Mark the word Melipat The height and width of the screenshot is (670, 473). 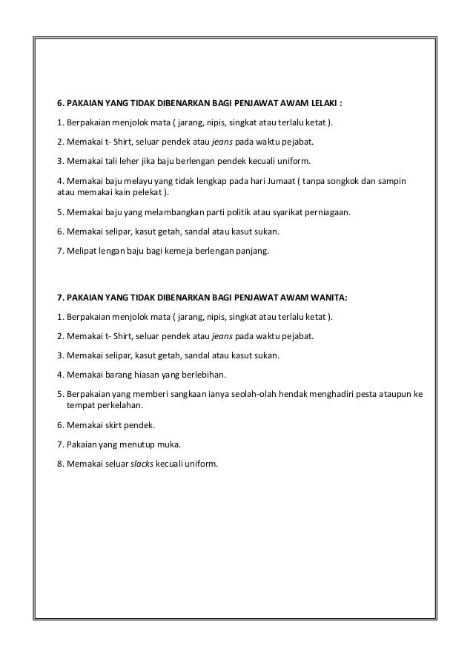click(x=81, y=252)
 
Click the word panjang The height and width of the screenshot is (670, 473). click(x=253, y=252)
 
